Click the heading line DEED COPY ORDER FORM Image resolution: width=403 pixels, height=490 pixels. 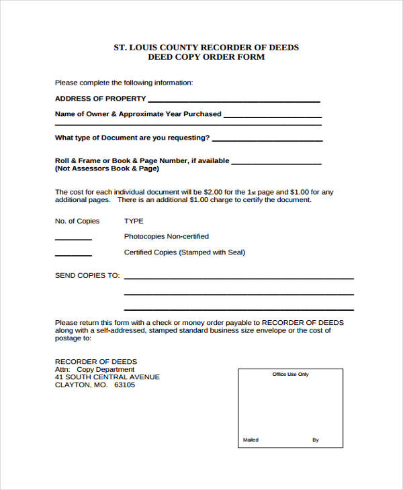pos(206,57)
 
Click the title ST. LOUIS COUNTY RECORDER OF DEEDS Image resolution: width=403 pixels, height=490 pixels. pos(206,47)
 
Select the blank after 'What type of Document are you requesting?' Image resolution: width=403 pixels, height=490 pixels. pos(267,140)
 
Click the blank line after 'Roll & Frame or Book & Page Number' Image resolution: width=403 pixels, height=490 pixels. pos(276,163)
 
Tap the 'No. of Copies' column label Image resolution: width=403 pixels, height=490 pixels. pos(77,221)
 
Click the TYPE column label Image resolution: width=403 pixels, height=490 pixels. pos(134,221)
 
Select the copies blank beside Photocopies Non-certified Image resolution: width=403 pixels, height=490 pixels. pos(73,239)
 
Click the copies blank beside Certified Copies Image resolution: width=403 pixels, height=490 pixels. pos(73,255)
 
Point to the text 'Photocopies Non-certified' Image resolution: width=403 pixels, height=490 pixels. pos(166,236)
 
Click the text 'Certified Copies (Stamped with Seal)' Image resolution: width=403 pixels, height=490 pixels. pos(185,252)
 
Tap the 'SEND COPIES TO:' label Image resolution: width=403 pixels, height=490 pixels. pos(87,275)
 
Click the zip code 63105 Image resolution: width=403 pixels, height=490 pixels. pos(124,385)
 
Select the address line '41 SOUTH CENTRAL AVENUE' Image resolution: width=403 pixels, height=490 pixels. pos(107,377)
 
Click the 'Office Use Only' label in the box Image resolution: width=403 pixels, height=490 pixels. pos(290,375)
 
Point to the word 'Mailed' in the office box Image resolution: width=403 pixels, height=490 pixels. pos(251,440)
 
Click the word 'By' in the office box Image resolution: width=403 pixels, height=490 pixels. pos(316,440)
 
